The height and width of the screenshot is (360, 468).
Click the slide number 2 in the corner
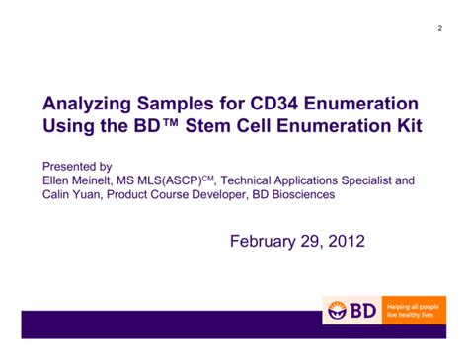439,27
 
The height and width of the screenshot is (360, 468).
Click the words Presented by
76,167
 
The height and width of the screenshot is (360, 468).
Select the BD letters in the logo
362,310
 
